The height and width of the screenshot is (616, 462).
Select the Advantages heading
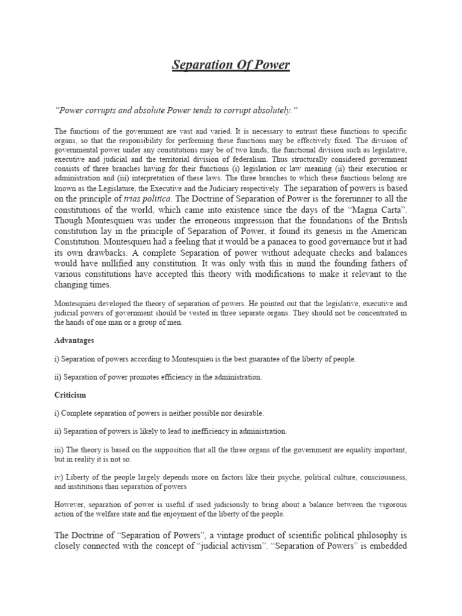point(74,340)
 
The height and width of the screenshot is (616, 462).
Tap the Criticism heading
point(70,395)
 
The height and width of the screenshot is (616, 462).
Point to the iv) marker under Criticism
point(58,477)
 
